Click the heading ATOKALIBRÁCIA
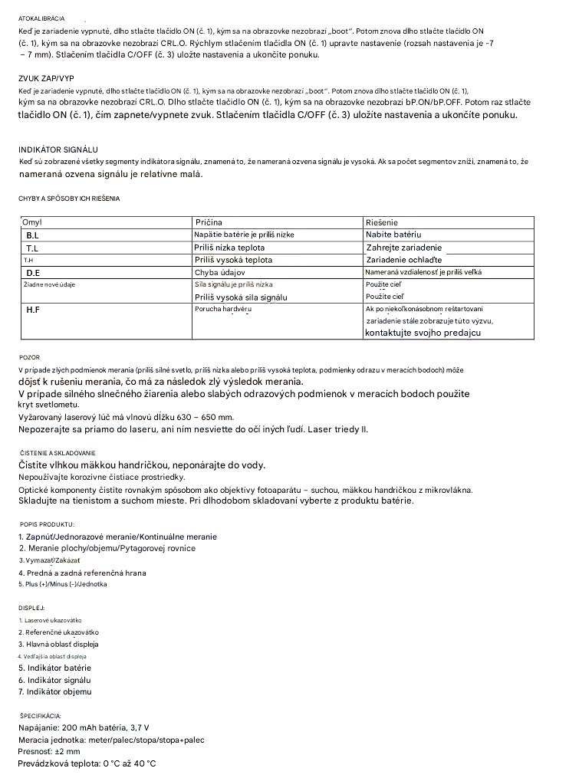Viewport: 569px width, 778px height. [x=41, y=18]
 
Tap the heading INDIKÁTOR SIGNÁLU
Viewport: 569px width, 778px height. [x=58, y=149]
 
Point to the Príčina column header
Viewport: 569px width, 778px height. [x=209, y=222]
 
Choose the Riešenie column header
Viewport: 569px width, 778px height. [x=382, y=222]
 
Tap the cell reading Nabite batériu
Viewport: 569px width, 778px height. [x=393, y=235]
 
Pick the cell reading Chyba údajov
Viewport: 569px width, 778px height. [x=220, y=272]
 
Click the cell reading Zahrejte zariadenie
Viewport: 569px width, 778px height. [x=404, y=248]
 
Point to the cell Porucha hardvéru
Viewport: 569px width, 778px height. [x=222, y=308]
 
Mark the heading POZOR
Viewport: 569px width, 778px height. [x=29, y=357]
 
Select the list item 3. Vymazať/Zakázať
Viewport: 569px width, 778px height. [x=51, y=560]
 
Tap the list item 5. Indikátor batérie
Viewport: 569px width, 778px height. [x=54, y=668]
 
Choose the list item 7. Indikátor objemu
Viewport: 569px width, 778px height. [x=55, y=692]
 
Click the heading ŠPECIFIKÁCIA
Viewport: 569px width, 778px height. [x=40, y=715]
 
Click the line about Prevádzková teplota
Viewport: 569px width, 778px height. [x=87, y=764]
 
